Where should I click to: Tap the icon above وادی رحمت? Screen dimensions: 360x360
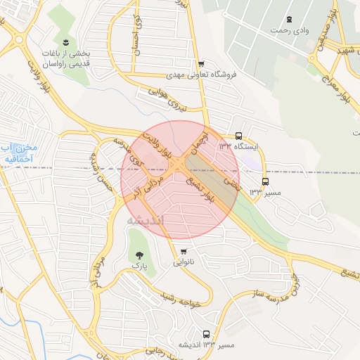[x=289, y=19]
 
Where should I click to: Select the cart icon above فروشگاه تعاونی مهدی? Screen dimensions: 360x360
[x=202, y=63]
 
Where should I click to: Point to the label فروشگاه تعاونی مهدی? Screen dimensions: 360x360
[x=202, y=74]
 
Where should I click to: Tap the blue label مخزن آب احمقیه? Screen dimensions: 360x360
[x=17, y=153]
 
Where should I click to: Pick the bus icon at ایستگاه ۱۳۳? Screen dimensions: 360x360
[x=239, y=136]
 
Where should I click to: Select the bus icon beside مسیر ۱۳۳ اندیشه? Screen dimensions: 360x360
[x=206, y=334]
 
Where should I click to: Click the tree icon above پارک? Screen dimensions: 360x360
[x=138, y=255]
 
